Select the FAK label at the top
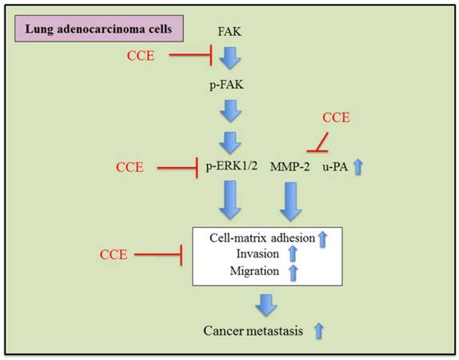click(229, 33)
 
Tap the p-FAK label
click(229, 82)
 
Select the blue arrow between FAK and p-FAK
click(230, 58)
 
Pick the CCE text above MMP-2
click(336, 118)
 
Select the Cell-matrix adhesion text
click(261, 238)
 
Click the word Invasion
click(258, 254)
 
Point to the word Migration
click(257, 272)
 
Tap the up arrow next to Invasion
click(293, 254)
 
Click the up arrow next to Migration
click(293, 272)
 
